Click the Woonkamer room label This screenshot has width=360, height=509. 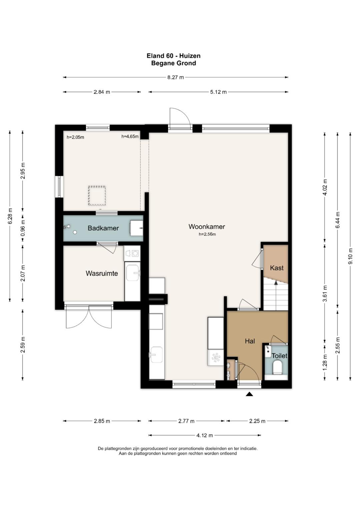207,227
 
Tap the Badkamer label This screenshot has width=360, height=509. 103,228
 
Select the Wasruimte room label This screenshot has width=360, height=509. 102,273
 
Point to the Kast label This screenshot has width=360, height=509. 277,268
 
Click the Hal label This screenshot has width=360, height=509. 250,341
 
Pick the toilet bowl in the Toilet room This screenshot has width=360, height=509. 277,368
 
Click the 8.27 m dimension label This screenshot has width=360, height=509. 175,77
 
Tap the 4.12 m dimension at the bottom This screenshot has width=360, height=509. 205,435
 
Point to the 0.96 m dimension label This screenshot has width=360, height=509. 23,227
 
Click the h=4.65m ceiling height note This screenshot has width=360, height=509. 130,137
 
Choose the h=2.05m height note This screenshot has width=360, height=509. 75,137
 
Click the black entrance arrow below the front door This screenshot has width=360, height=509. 249,394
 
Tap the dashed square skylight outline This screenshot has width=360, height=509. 97,196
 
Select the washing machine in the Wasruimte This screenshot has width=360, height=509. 132,253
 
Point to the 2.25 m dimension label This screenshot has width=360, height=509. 257,421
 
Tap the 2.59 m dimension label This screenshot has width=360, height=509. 23,345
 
